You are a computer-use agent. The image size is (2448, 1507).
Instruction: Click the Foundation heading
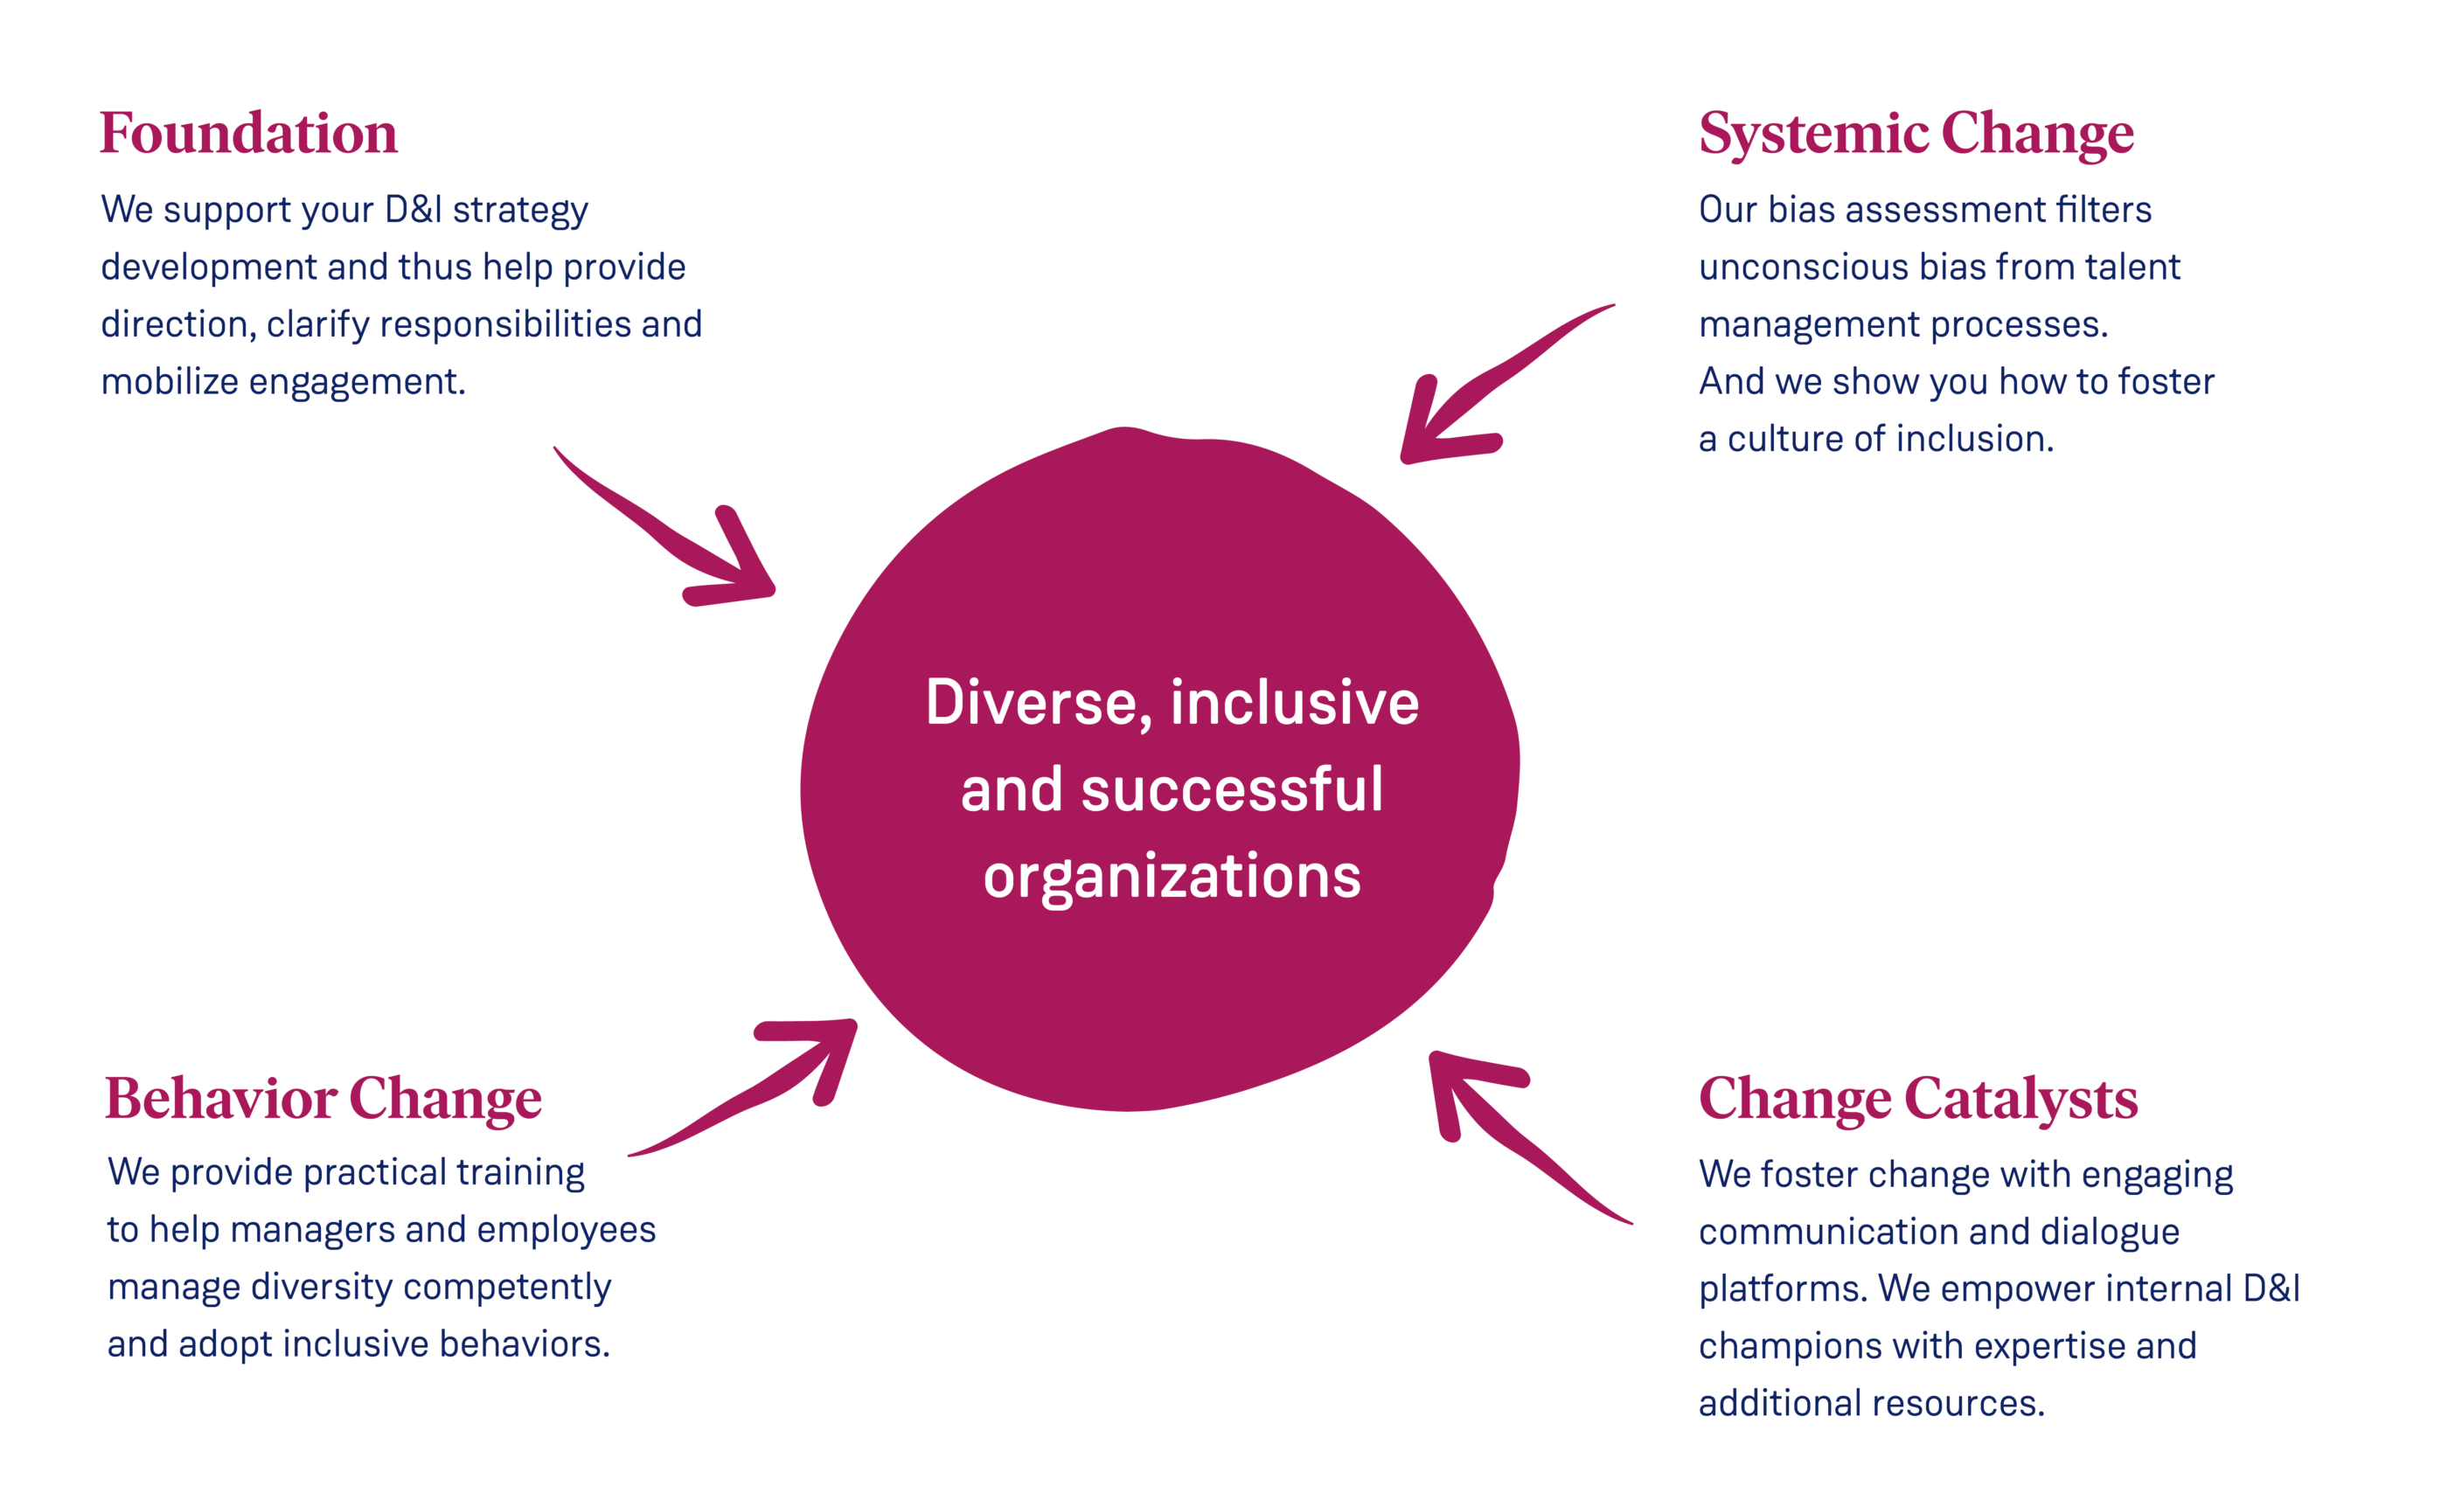248,134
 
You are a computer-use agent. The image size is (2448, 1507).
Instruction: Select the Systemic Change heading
1916,134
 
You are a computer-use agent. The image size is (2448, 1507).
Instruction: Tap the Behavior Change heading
323,1099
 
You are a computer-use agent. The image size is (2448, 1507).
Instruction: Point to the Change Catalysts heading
1917,1099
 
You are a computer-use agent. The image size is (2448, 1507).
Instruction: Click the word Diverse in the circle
1031,703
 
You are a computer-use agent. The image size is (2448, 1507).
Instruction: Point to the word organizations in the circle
1172,877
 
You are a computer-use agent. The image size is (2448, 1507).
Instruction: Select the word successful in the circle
1232,789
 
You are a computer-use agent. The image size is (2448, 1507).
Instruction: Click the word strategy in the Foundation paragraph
520,211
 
